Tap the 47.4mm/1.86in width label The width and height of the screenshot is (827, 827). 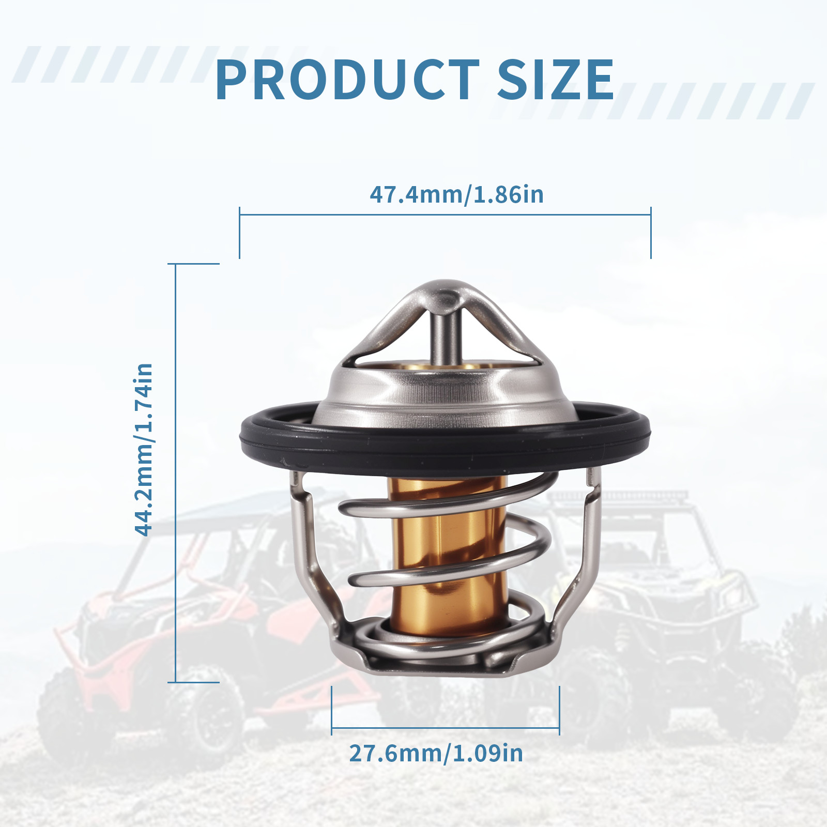pos(456,194)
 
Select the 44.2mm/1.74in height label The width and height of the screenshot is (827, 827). pos(144,450)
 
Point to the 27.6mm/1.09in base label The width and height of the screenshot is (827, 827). pos(436,753)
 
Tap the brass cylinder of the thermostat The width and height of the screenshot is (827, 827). pos(449,556)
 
